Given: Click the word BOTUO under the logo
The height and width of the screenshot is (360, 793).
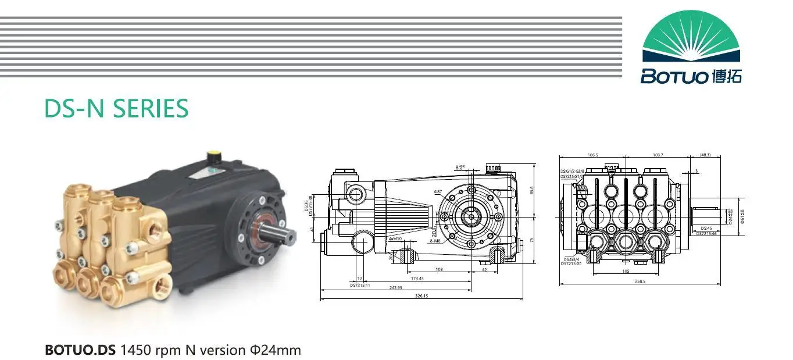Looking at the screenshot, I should [x=674, y=76].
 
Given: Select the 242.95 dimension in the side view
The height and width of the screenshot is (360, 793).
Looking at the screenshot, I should [x=396, y=287].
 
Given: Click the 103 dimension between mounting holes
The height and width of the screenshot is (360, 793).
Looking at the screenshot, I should [x=439, y=269].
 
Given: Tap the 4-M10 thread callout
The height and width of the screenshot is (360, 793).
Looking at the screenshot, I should [x=395, y=239].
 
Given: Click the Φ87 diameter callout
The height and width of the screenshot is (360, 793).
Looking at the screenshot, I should [x=437, y=191].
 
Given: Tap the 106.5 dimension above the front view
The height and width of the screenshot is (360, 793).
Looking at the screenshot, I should [x=592, y=155].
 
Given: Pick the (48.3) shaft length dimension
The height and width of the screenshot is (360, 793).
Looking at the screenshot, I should [x=706, y=155].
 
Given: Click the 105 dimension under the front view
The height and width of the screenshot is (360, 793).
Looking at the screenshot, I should [x=626, y=271].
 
